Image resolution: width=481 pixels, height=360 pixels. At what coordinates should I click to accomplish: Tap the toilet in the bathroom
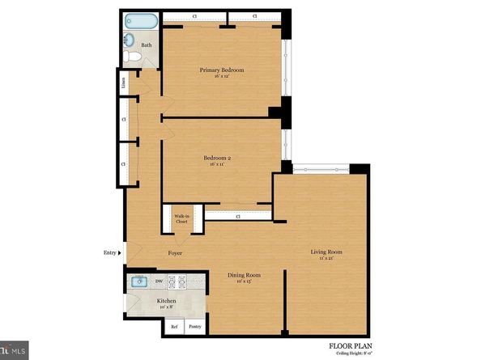pos(129,56)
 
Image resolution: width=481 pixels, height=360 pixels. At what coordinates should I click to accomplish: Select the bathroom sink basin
pos(130,39)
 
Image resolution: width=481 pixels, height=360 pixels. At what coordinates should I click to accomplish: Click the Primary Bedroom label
pos(222,70)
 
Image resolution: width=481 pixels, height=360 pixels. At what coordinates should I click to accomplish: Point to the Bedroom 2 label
pos(218,159)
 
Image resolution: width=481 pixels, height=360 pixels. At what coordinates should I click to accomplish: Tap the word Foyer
pos(175,253)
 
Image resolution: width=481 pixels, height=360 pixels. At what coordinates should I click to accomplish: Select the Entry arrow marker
pos(121,253)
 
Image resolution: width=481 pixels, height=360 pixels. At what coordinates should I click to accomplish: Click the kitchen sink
pos(138,282)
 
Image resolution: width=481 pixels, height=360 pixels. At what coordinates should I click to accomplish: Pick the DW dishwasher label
pos(159,282)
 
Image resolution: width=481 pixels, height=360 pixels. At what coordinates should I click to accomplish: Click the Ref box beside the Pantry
pos(174,327)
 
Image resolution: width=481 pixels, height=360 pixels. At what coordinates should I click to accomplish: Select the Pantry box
pos(195,327)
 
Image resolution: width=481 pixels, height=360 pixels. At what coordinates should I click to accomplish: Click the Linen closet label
pos(122,82)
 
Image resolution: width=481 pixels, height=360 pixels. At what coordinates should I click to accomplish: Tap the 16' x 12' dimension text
pos(222,77)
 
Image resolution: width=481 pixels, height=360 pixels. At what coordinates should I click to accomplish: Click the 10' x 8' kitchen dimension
pos(166,307)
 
